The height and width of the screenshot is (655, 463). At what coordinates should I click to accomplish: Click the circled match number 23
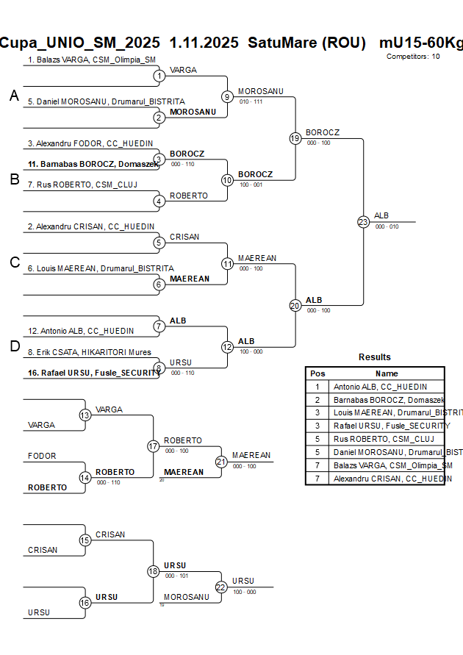click(x=363, y=221)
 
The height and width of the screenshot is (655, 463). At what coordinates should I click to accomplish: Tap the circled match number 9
click(x=227, y=96)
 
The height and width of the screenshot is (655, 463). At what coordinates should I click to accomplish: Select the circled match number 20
click(x=295, y=305)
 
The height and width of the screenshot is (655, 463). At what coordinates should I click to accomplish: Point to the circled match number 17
click(x=153, y=445)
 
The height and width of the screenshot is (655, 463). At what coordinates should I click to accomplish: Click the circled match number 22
click(x=221, y=587)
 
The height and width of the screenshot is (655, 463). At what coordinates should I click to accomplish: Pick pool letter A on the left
click(x=14, y=96)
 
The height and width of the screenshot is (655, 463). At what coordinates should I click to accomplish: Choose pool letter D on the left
click(x=14, y=347)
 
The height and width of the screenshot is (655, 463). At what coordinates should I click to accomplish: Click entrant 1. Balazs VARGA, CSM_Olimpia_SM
click(x=91, y=60)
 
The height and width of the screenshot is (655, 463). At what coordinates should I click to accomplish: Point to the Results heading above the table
click(x=374, y=357)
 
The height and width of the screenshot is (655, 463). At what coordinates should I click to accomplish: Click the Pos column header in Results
click(x=317, y=373)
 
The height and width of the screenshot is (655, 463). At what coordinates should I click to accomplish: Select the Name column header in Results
click(x=387, y=373)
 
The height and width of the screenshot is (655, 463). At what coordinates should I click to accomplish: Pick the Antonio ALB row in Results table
click(x=379, y=387)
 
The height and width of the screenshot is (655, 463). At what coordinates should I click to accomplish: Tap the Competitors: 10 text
click(x=413, y=56)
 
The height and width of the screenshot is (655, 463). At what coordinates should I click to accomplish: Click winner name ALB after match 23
click(x=381, y=215)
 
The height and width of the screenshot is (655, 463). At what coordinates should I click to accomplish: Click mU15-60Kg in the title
click(x=421, y=43)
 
